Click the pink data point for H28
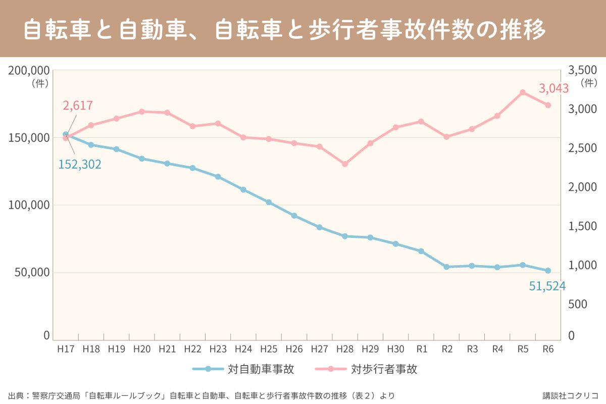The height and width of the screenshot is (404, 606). point(345,164)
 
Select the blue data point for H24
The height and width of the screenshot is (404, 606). point(243,190)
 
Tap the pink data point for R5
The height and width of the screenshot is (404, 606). point(523,92)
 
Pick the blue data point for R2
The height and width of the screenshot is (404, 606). point(446,267)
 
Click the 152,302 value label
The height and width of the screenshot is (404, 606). point(80,164)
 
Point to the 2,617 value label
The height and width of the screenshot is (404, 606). point(78,106)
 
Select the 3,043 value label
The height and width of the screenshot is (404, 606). point(554,89)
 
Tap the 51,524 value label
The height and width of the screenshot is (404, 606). point(547,286)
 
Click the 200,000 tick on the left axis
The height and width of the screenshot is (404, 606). point(29,71)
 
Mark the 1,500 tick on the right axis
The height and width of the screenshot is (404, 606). point(583,226)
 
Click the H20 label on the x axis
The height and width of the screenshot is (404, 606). point(142,349)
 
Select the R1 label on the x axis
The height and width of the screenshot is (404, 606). point(421,349)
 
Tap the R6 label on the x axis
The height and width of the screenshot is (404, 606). point(548,349)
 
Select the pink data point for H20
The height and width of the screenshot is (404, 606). point(142,112)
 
